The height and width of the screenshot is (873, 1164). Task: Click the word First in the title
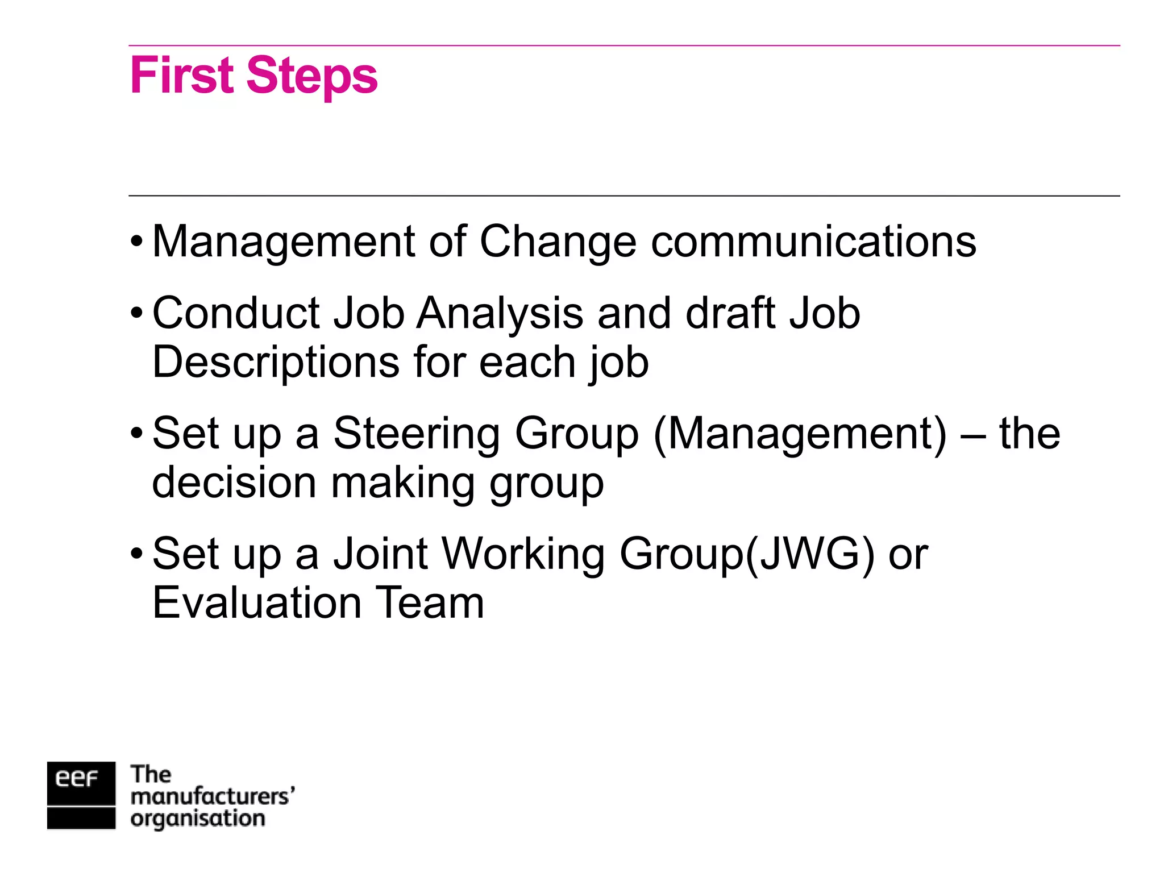click(181, 76)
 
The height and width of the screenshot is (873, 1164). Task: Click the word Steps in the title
click(312, 77)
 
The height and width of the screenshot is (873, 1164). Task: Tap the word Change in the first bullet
click(558, 242)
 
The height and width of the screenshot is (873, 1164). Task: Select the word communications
click(813, 242)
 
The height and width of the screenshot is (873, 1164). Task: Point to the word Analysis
click(500, 314)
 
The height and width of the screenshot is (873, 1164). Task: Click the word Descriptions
click(276, 363)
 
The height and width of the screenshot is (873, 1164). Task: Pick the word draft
click(730, 314)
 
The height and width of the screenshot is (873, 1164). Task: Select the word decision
click(234, 483)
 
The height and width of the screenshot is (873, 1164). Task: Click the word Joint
click(380, 554)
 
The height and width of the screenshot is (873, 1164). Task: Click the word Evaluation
click(257, 603)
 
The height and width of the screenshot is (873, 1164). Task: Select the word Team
click(429, 603)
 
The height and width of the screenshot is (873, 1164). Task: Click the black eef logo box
click(81, 795)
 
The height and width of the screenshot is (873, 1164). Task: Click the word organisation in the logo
click(197, 819)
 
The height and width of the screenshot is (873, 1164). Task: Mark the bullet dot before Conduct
click(136, 314)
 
